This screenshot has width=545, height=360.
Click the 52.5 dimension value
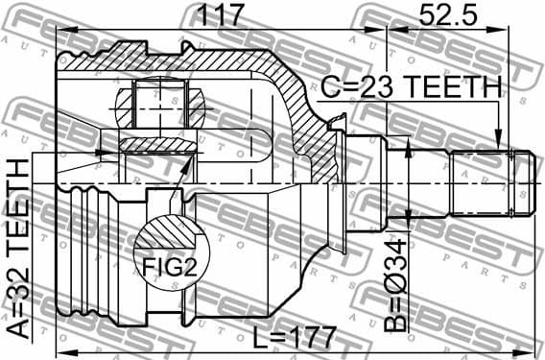tap(445, 16)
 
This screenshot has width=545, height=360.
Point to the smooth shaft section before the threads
tap(431, 181)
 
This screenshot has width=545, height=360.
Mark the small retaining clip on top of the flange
tap(336, 120)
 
